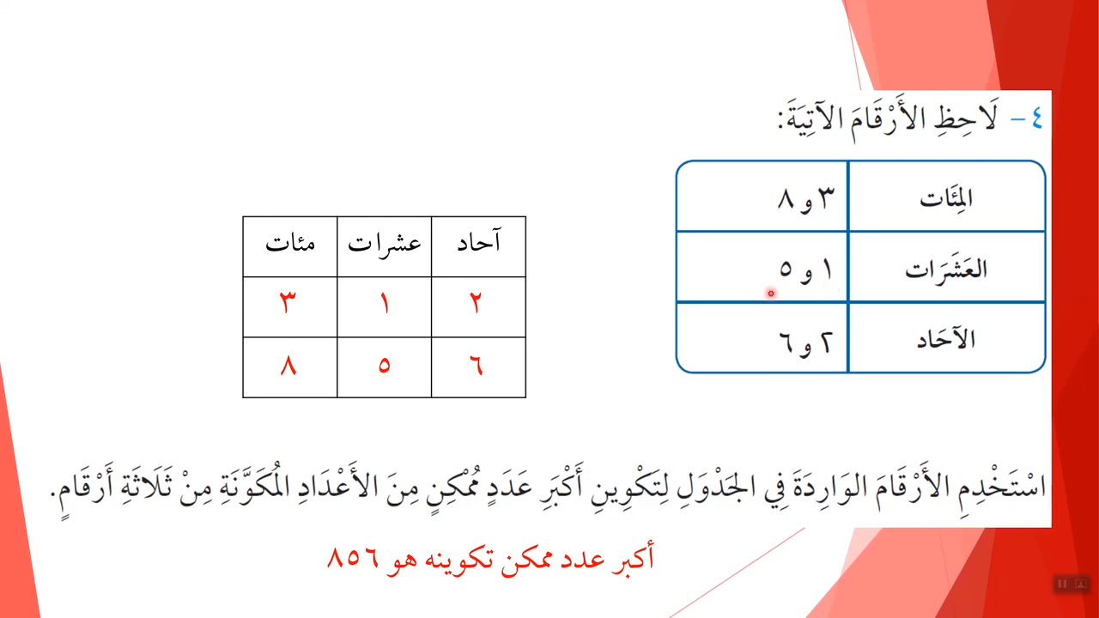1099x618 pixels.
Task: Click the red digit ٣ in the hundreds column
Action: coord(288,302)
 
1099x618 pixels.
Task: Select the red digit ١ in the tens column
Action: coord(385,303)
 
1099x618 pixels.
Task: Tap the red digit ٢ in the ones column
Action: coord(476,302)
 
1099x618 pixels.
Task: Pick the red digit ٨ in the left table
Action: coord(288,366)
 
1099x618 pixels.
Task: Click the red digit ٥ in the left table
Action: coord(384,366)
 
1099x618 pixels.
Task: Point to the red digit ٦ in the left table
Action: coord(477,366)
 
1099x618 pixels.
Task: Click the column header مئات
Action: coord(290,243)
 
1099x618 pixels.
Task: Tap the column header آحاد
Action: coord(479,240)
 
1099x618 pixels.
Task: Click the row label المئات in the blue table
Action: coord(946,198)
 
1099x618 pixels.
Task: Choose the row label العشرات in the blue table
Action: coord(946,269)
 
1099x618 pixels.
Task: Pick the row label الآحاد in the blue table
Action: coord(946,339)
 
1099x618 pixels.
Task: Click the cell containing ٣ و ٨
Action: coord(762,197)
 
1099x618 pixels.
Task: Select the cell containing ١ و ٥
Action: coord(762,267)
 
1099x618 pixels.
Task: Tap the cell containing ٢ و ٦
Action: coord(762,338)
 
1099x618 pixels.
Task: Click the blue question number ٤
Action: coord(1036,118)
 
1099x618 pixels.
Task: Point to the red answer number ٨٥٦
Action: coord(353,558)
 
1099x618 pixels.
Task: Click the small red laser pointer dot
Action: coord(771,294)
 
